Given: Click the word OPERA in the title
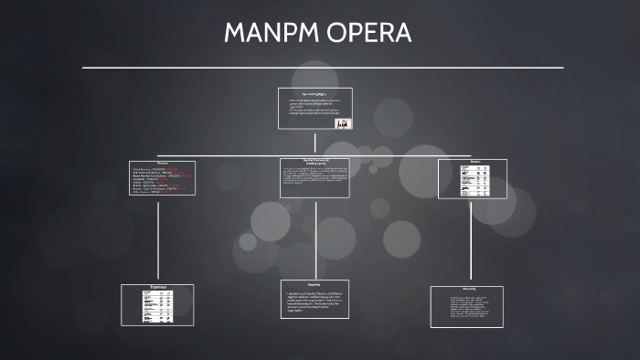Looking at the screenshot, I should [x=373, y=34].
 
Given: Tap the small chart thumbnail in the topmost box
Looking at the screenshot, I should [x=343, y=123].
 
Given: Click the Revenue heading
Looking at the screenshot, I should [x=162, y=164].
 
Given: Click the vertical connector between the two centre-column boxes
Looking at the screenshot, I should [x=315, y=238].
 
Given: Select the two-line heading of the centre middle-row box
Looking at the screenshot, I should [x=315, y=164].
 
